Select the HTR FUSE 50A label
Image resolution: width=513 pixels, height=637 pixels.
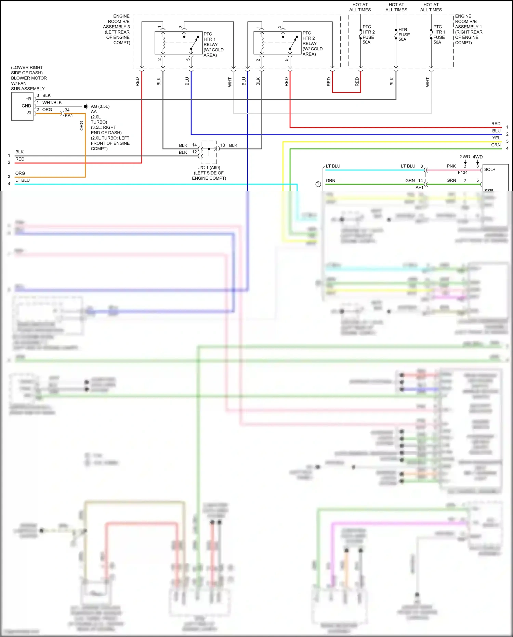404,35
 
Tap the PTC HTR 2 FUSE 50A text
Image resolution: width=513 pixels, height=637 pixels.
368,35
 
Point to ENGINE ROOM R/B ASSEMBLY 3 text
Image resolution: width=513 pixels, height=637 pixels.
118,29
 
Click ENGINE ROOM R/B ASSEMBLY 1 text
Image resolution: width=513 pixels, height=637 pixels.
468,29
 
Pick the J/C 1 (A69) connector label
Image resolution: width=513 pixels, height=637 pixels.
209,168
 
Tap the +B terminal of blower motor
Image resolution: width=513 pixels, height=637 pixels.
28,99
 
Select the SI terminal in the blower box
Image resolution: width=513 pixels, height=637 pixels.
29,113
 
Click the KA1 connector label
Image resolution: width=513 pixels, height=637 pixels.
69,116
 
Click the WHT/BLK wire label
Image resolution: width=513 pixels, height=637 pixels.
52,103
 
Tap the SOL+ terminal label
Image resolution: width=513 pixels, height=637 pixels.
489,169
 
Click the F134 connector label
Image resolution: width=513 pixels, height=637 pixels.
462,173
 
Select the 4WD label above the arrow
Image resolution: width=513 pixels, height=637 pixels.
477,157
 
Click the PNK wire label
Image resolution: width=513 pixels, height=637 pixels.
451,166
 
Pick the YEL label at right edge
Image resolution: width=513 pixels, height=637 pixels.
496,138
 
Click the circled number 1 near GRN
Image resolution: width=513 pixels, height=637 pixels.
318,184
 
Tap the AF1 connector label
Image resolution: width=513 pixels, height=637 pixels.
419,188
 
